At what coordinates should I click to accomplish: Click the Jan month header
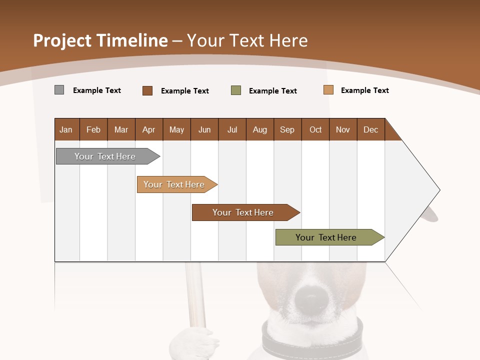click(x=66, y=129)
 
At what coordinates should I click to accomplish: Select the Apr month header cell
click(x=148, y=129)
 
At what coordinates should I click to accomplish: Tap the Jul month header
click(x=232, y=129)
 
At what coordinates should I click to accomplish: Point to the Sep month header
click(x=287, y=129)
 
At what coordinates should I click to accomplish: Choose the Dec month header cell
click(x=370, y=129)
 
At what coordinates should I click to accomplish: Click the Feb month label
click(x=93, y=129)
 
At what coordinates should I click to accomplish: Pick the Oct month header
click(x=315, y=129)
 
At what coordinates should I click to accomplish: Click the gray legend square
click(x=59, y=90)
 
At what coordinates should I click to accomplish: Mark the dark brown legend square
click(x=147, y=90)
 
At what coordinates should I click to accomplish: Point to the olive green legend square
click(x=236, y=90)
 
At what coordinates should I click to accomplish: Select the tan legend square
click(x=328, y=90)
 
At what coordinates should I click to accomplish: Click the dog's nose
click(x=311, y=299)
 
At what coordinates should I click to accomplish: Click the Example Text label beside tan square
click(x=364, y=90)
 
